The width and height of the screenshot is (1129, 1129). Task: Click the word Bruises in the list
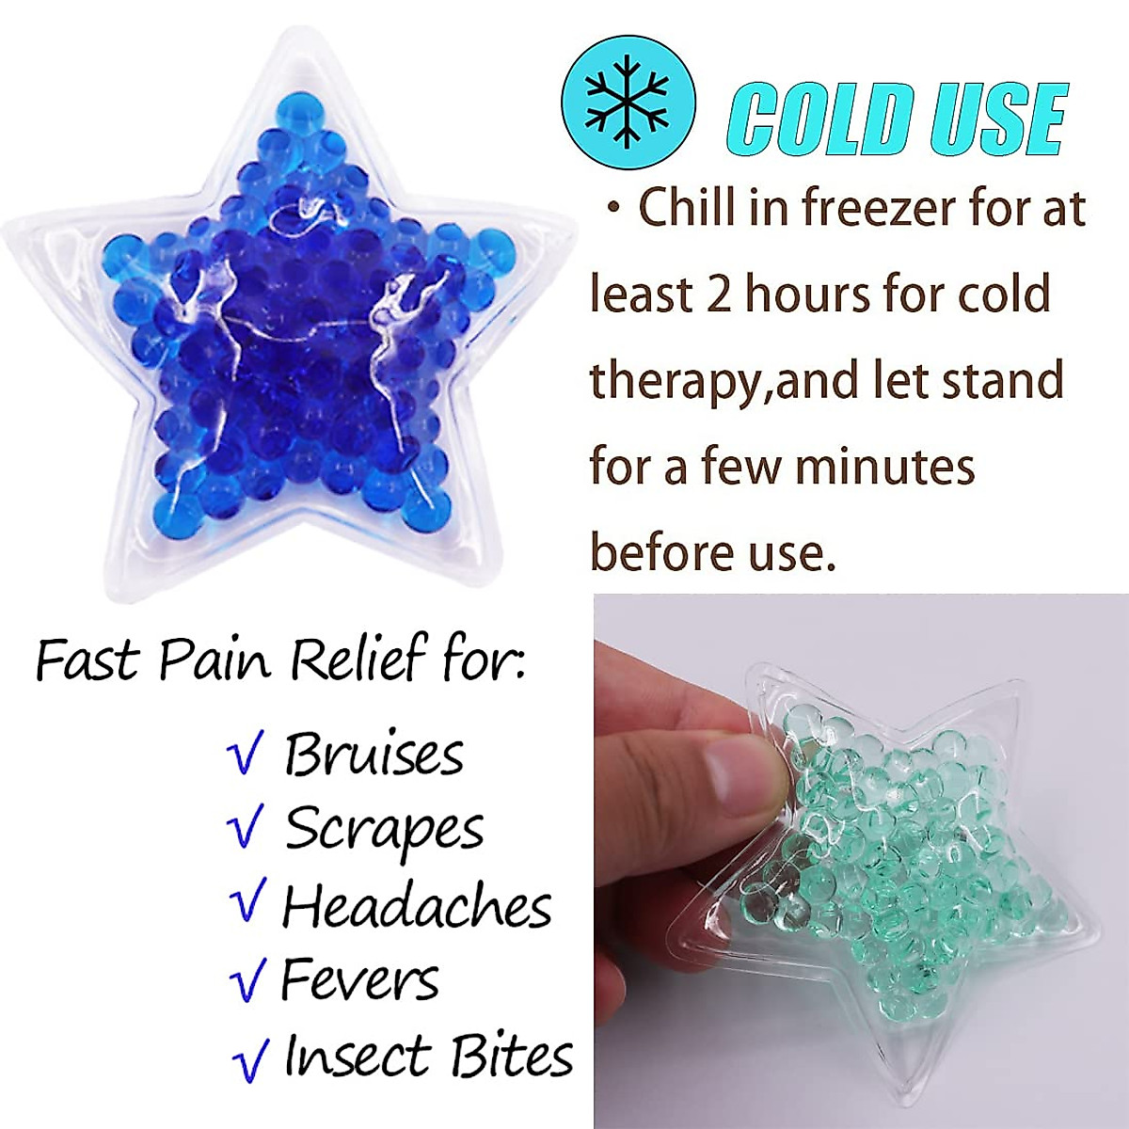(374, 755)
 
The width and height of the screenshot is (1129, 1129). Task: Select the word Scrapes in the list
(384, 830)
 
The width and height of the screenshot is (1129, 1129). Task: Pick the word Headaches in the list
(417, 906)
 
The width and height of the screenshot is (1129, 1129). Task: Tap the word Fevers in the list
(359, 980)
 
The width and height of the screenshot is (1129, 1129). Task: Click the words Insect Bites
(428, 1056)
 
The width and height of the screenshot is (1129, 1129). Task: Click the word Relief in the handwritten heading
(358, 659)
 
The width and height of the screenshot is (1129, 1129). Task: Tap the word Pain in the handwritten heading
(218, 659)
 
